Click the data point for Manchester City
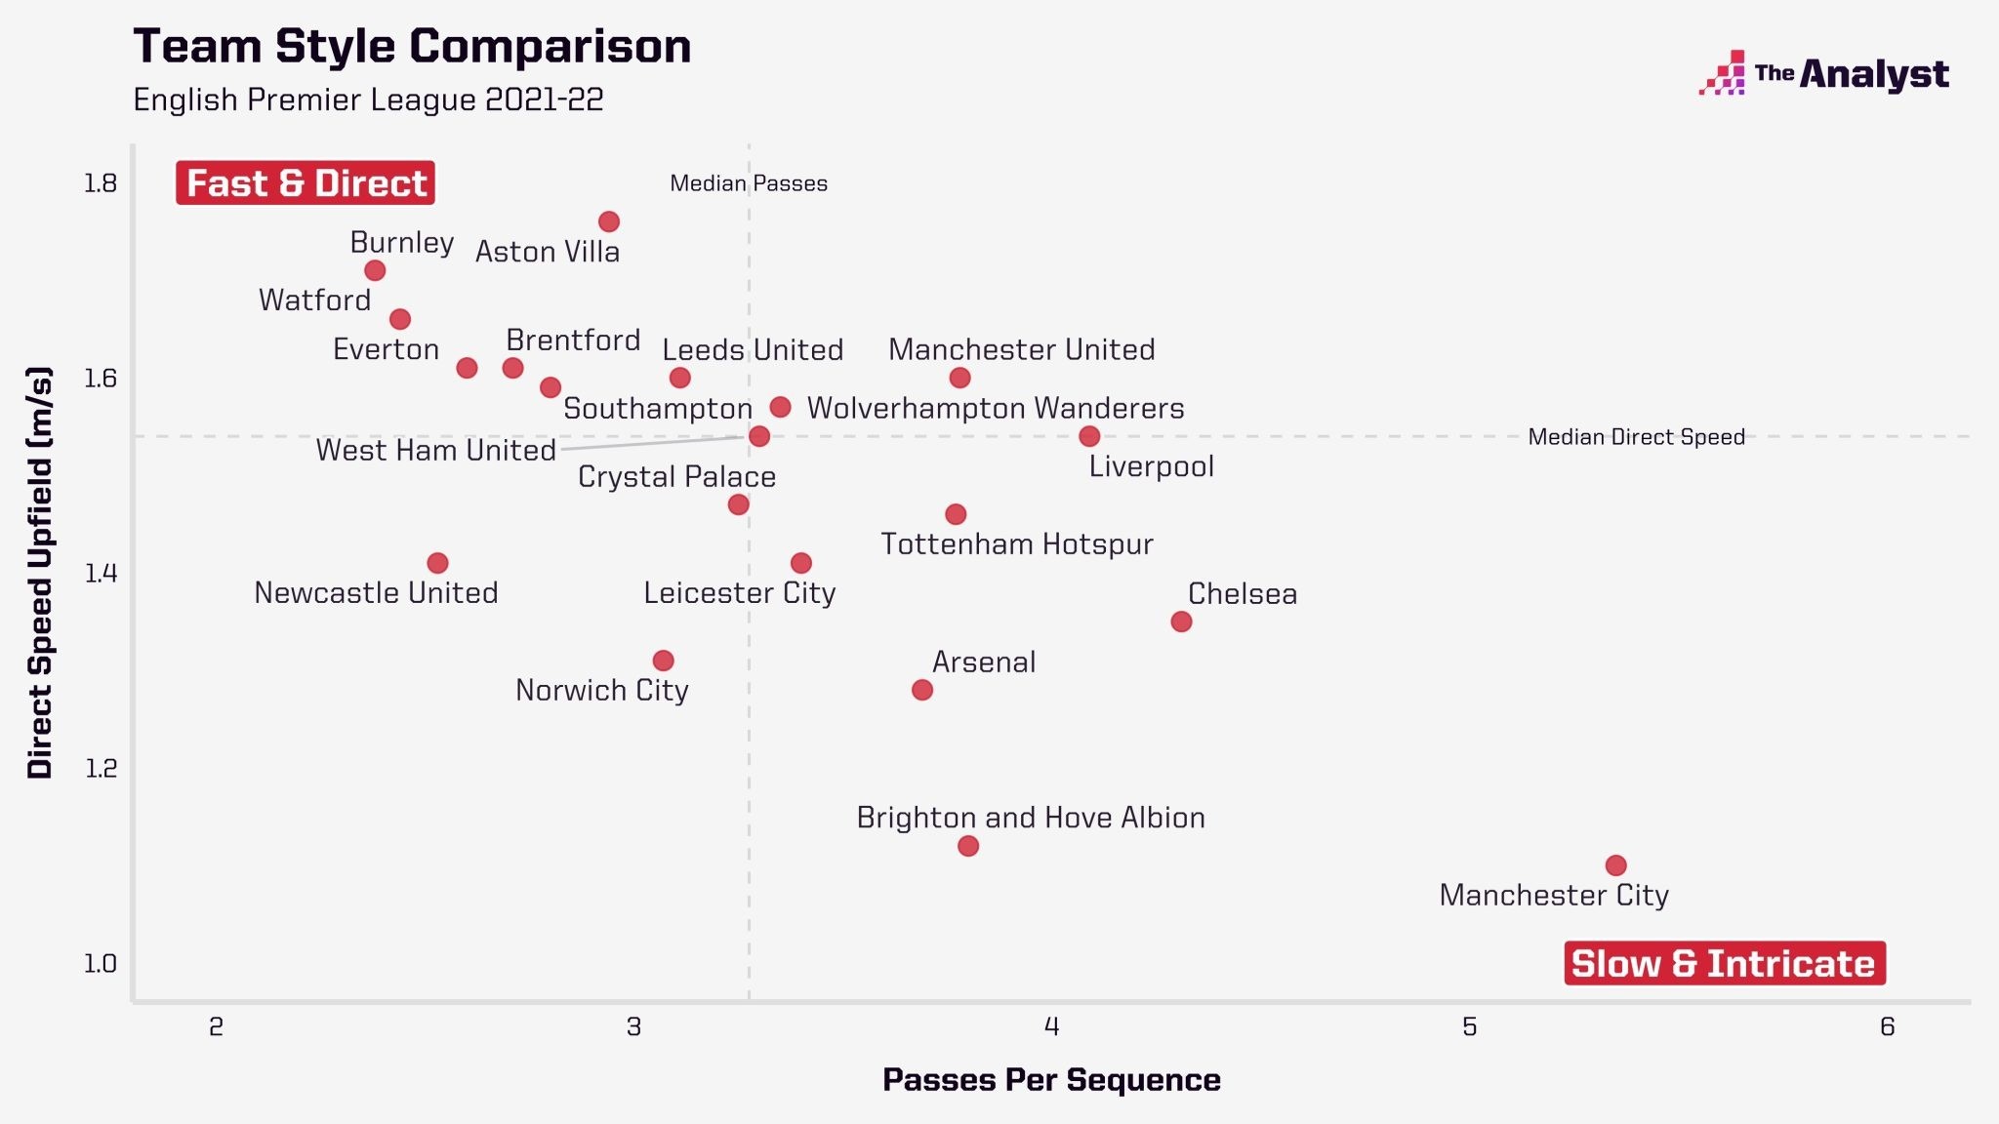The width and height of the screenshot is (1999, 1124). click(1615, 865)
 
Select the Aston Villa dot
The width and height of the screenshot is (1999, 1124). click(609, 221)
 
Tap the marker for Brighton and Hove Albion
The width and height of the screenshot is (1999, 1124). click(968, 846)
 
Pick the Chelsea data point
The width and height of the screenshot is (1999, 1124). click(1181, 622)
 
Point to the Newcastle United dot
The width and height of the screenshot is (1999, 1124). click(437, 563)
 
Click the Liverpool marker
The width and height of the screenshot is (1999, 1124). click(1089, 436)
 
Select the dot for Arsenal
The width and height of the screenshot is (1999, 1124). click(922, 690)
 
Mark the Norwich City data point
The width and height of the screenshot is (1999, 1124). click(663, 661)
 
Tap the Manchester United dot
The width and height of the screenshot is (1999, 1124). click(959, 378)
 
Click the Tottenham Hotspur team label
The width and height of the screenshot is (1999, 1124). click(1017, 543)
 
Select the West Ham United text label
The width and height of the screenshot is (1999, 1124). click(435, 450)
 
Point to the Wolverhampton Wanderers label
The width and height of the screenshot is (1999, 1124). click(996, 408)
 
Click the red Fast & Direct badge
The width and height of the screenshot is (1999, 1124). click(306, 182)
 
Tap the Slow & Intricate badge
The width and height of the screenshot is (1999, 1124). click(1725, 963)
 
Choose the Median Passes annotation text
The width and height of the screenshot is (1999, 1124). click(749, 183)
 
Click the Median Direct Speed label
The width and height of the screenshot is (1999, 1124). click(1636, 437)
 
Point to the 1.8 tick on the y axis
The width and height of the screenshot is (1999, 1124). click(101, 182)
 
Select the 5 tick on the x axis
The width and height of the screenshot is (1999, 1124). click(1469, 1026)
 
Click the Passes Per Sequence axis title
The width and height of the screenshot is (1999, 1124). click(1051, 1080)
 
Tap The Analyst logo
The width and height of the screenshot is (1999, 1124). click(1823, 73)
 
